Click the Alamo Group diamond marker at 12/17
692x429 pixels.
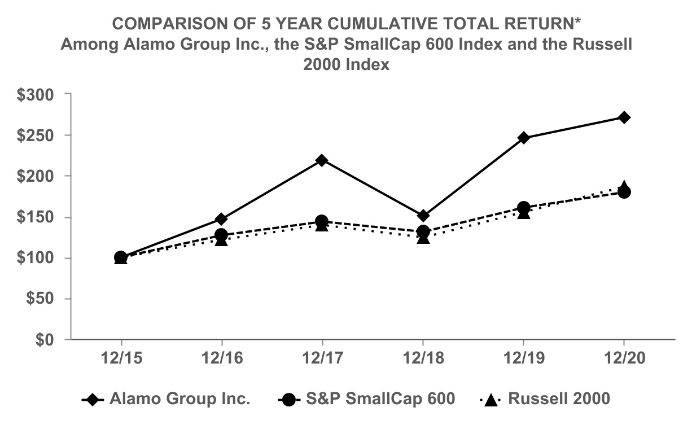pos(322,160)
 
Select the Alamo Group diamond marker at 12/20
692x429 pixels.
pos(624,117)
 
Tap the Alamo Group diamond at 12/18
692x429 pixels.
pos(423,216)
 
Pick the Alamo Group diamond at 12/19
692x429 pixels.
pos(523,138)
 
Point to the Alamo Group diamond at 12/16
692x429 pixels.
pos(221,219)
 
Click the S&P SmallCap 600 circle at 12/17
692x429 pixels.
pos(322,221)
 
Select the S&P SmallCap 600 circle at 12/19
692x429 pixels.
pos(523,208)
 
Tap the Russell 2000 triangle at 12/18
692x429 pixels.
pos(423,238)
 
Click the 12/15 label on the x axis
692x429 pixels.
pos(121,359)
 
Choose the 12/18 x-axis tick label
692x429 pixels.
pos(423,359)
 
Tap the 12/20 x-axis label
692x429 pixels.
pos(624,359)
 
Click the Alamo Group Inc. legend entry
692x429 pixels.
pos(179,399)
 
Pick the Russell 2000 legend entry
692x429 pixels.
pos(559,399)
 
